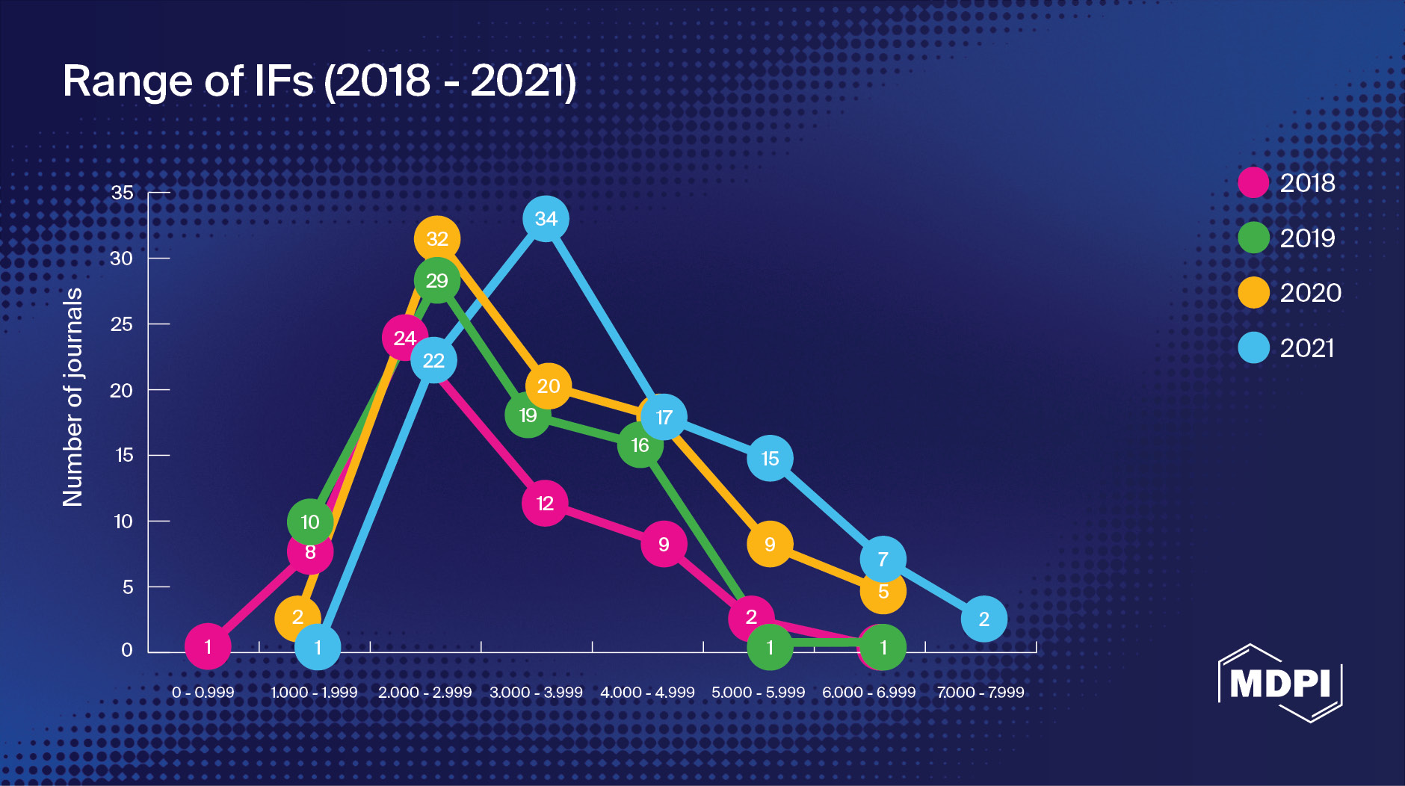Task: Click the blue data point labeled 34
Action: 546,219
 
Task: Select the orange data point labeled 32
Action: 437,239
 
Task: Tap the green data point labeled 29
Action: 437,281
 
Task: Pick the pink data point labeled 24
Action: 404,338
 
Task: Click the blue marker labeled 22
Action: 433,361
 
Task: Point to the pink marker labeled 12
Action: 545,504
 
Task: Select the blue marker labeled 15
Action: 770,459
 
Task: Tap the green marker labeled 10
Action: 310,522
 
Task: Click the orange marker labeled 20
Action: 549,386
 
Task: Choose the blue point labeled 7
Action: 883,559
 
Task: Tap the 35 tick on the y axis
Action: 123,193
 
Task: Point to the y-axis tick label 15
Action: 124,455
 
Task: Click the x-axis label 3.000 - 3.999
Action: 536,693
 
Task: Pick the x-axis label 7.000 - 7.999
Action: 981,693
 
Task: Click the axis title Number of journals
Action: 72,397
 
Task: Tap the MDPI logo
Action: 1280,683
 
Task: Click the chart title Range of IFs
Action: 319,81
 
